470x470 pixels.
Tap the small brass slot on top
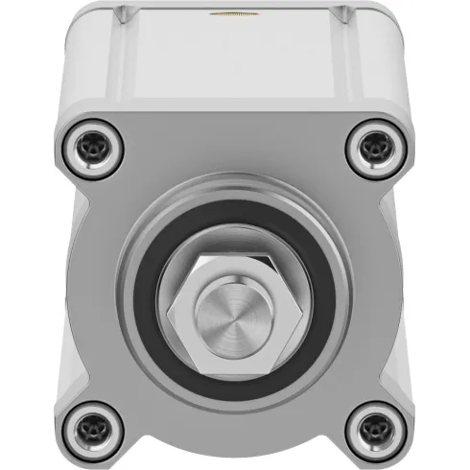[234, 14]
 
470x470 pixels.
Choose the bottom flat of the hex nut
[234, 369]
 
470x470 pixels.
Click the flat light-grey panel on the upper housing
[234, 62]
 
